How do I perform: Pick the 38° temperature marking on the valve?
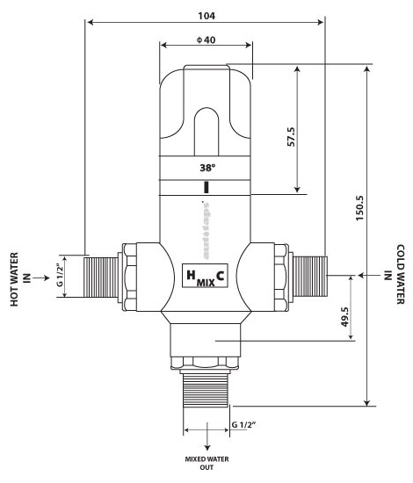(x=206, y=165)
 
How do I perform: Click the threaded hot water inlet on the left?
(x=103, y=275)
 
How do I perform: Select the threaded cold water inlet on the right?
(x=309, y=275)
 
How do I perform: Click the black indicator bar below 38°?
(x=206, y=187)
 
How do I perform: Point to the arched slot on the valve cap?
(x=206, y=127)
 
